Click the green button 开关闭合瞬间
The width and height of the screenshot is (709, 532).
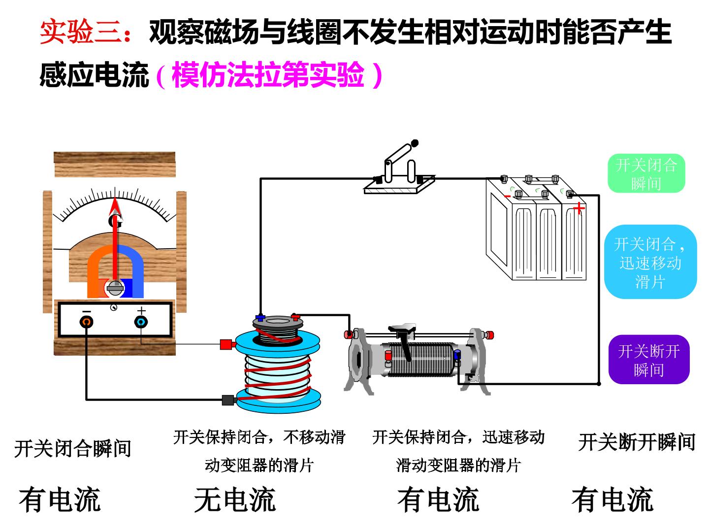(646, 173)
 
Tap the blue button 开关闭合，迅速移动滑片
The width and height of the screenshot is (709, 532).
(650, 262)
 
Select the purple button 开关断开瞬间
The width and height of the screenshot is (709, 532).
(649, 360)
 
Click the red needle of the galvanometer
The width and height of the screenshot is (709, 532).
(115, 239)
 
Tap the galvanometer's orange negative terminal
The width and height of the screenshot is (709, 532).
(87, 322)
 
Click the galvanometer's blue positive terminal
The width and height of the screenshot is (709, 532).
(141, 322)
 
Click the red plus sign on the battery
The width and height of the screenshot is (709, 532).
(579, 208)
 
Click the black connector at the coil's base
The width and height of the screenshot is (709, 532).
(228, 400)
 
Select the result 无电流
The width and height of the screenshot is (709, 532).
(235, 499)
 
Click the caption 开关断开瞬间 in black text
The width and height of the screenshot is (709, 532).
(637, 442)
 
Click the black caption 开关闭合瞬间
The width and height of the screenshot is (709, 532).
(73, 448)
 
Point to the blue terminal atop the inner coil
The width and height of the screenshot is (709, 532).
(260, 318)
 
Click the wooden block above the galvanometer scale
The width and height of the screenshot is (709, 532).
(115, 165)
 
